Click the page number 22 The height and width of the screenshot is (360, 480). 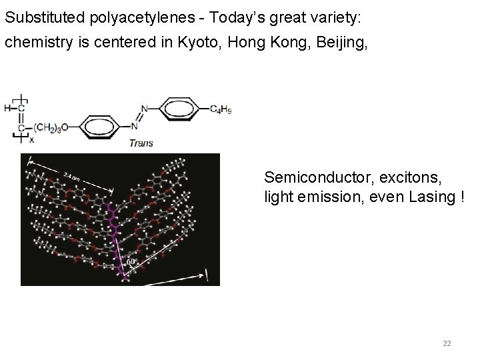click(447, 343)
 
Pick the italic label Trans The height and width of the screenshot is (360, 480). click(141, 142)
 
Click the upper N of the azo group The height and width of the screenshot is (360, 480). click(144, 109)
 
